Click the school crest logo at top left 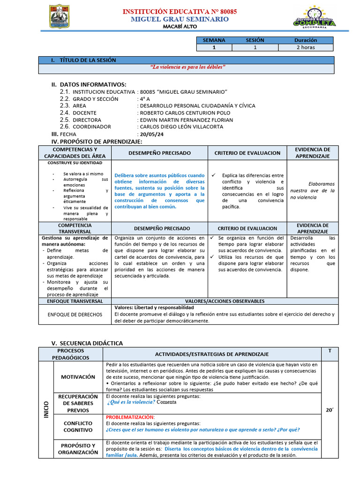[x=59, y=16]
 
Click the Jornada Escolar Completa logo [x=314, y=18]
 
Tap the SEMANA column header [x=214, y=40]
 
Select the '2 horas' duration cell [x=306, y=47]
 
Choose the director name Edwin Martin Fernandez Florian [x=186, y=120]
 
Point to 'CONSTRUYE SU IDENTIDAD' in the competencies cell [x=75, y=163]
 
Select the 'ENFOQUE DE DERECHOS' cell [x=75, y=315]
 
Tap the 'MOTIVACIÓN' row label [x=77, y=376]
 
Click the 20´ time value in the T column [x=330, y=410]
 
